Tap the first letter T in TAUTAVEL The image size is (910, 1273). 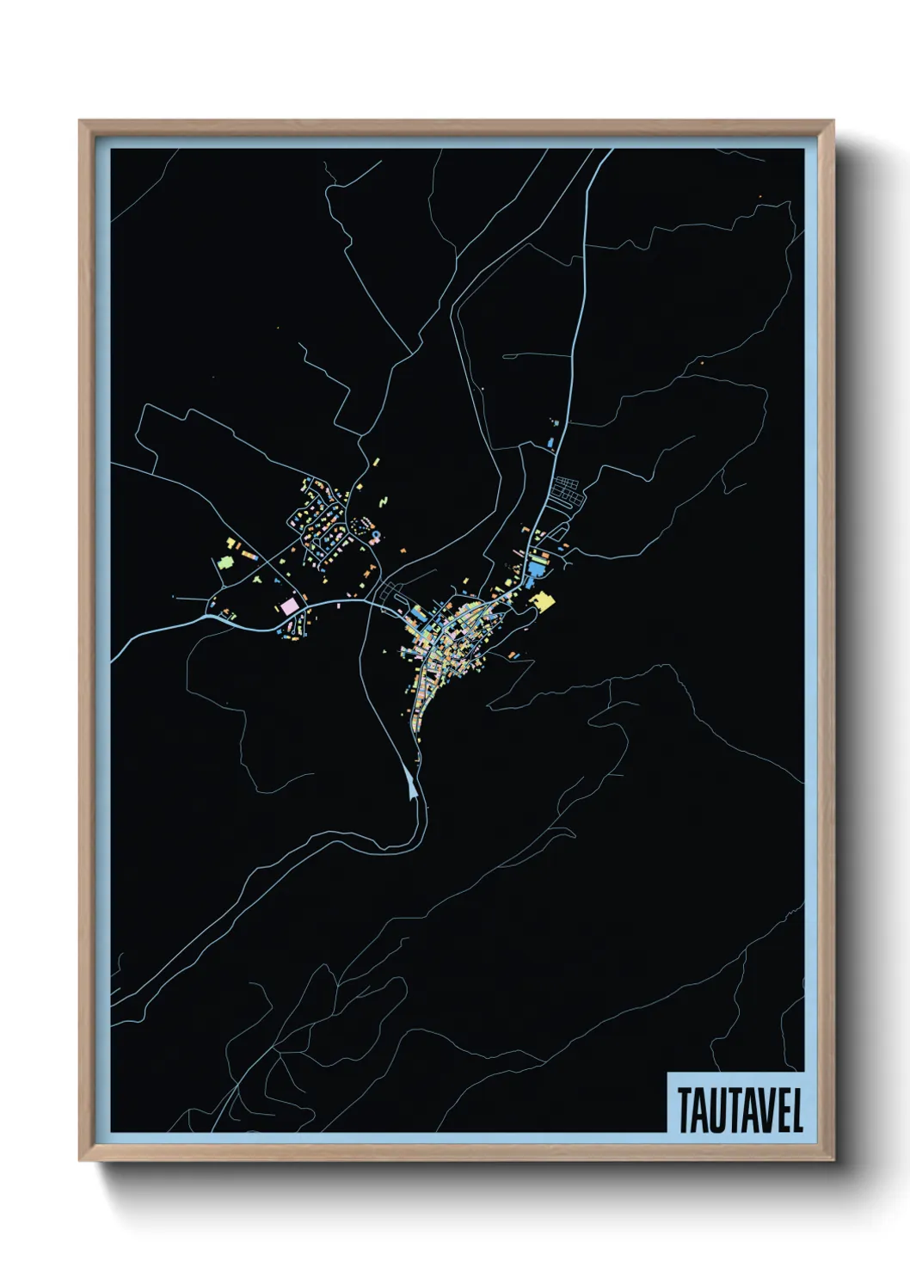684,1111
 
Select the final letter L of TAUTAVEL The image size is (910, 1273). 797,1111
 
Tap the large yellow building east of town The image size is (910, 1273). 543,601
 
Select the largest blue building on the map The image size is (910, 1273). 538,569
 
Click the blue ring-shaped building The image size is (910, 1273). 376,536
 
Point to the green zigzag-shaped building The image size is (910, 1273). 383,499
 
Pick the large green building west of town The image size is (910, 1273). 224,562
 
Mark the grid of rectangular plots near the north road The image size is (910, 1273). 568,493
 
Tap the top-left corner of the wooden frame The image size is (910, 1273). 80,121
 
